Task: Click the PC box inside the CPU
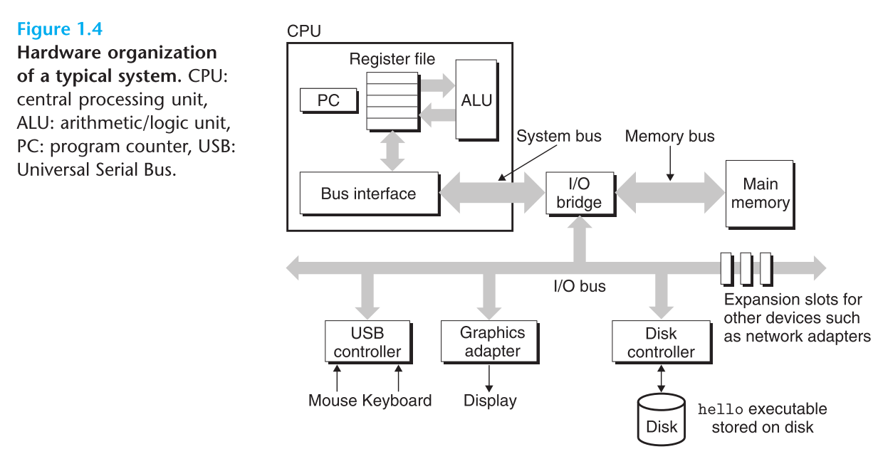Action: [328, 101]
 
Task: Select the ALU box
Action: [476, 100]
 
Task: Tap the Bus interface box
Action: [368, 194]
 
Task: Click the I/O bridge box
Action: [578, 194]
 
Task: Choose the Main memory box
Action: [760, 194]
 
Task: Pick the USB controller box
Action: [367, 342]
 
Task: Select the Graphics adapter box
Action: [492, 342]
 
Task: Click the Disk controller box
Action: [660, 342]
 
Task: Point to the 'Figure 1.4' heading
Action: [60, 30]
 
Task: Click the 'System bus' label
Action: [558, 136]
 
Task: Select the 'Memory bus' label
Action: [669, 136]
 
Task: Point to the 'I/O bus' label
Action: [579, 286]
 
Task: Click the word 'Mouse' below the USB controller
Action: [333, 401]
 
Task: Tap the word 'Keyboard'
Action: [397, 401]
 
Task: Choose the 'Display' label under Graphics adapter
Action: [490, 401]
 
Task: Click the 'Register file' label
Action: [392, 59]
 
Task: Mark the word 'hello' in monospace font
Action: [720, 409]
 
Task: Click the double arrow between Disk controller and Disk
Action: [662, 378]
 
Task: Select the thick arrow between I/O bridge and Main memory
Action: [669, 193]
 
